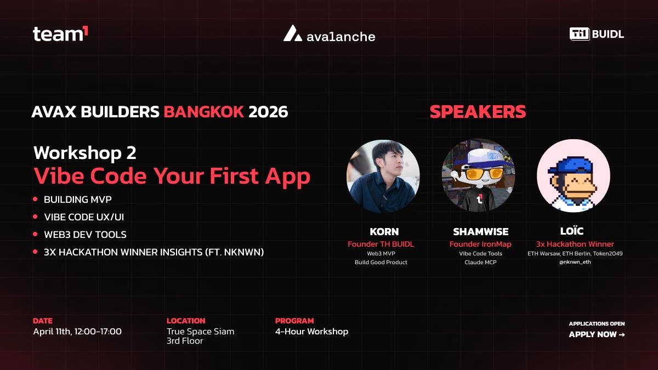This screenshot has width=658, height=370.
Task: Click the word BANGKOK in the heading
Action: (204, 112)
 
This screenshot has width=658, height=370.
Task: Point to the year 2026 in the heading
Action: (268, 112)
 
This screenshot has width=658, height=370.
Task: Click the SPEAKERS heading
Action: (478, 112)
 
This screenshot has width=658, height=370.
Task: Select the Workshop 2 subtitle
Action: (85, 152)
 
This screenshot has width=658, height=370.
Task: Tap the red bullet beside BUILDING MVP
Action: (36, 199)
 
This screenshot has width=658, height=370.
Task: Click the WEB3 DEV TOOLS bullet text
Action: (85, 235)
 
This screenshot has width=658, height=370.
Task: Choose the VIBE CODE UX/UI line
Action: (84, 217)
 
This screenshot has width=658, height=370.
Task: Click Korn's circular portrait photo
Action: (383, 175)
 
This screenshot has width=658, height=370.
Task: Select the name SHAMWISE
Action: (480, 232)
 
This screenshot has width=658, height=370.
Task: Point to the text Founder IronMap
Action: (480, 244)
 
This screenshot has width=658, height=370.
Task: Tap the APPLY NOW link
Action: (597, 334)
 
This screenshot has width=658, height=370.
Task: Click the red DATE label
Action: (43, 321)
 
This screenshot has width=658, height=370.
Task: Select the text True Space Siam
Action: (200, 332)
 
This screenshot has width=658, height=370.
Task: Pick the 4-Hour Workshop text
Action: (311, 332)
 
